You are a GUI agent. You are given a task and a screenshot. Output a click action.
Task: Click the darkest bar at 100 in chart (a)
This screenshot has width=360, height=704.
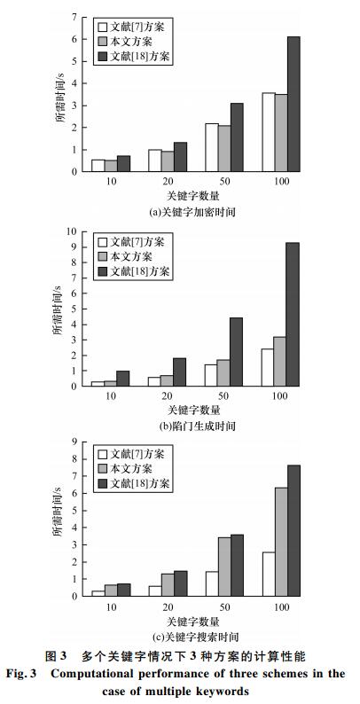(x=293, y=104)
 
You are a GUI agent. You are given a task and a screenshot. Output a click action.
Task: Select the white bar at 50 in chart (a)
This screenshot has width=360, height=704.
(x=212, y=147)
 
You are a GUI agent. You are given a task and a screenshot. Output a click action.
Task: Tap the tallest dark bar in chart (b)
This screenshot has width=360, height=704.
(x=293, y=314)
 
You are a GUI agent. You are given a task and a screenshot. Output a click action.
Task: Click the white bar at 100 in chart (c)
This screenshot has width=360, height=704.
(x=269, y=575)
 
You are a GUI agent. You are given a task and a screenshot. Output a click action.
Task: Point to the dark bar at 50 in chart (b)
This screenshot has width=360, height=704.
(x=236, y=352)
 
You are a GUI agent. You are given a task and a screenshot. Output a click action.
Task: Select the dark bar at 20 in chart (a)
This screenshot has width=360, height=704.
(x=181, y=157)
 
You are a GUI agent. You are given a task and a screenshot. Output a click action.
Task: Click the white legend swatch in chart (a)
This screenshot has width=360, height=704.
(x=102, y=26)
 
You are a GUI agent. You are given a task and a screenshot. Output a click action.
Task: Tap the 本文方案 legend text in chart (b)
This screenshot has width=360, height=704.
(x=131, y=256)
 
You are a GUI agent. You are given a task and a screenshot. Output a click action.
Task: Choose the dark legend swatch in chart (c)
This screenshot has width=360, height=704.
(x=102, y=484)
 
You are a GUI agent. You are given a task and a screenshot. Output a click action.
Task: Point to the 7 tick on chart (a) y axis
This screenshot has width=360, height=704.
(x=74, y=17)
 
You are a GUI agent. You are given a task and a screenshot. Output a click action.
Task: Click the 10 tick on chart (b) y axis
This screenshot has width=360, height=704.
(x=71, y=231)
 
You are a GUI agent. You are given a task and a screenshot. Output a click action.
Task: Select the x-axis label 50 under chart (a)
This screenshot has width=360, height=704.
(x=225, y=181)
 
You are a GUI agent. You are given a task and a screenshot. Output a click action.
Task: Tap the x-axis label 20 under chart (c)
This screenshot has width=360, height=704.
(x=168, y=606)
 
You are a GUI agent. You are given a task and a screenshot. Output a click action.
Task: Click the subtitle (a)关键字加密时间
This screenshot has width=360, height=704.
(x=192, y=212)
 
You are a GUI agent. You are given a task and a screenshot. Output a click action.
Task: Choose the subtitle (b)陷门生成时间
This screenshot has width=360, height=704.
(x=198, y=426)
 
